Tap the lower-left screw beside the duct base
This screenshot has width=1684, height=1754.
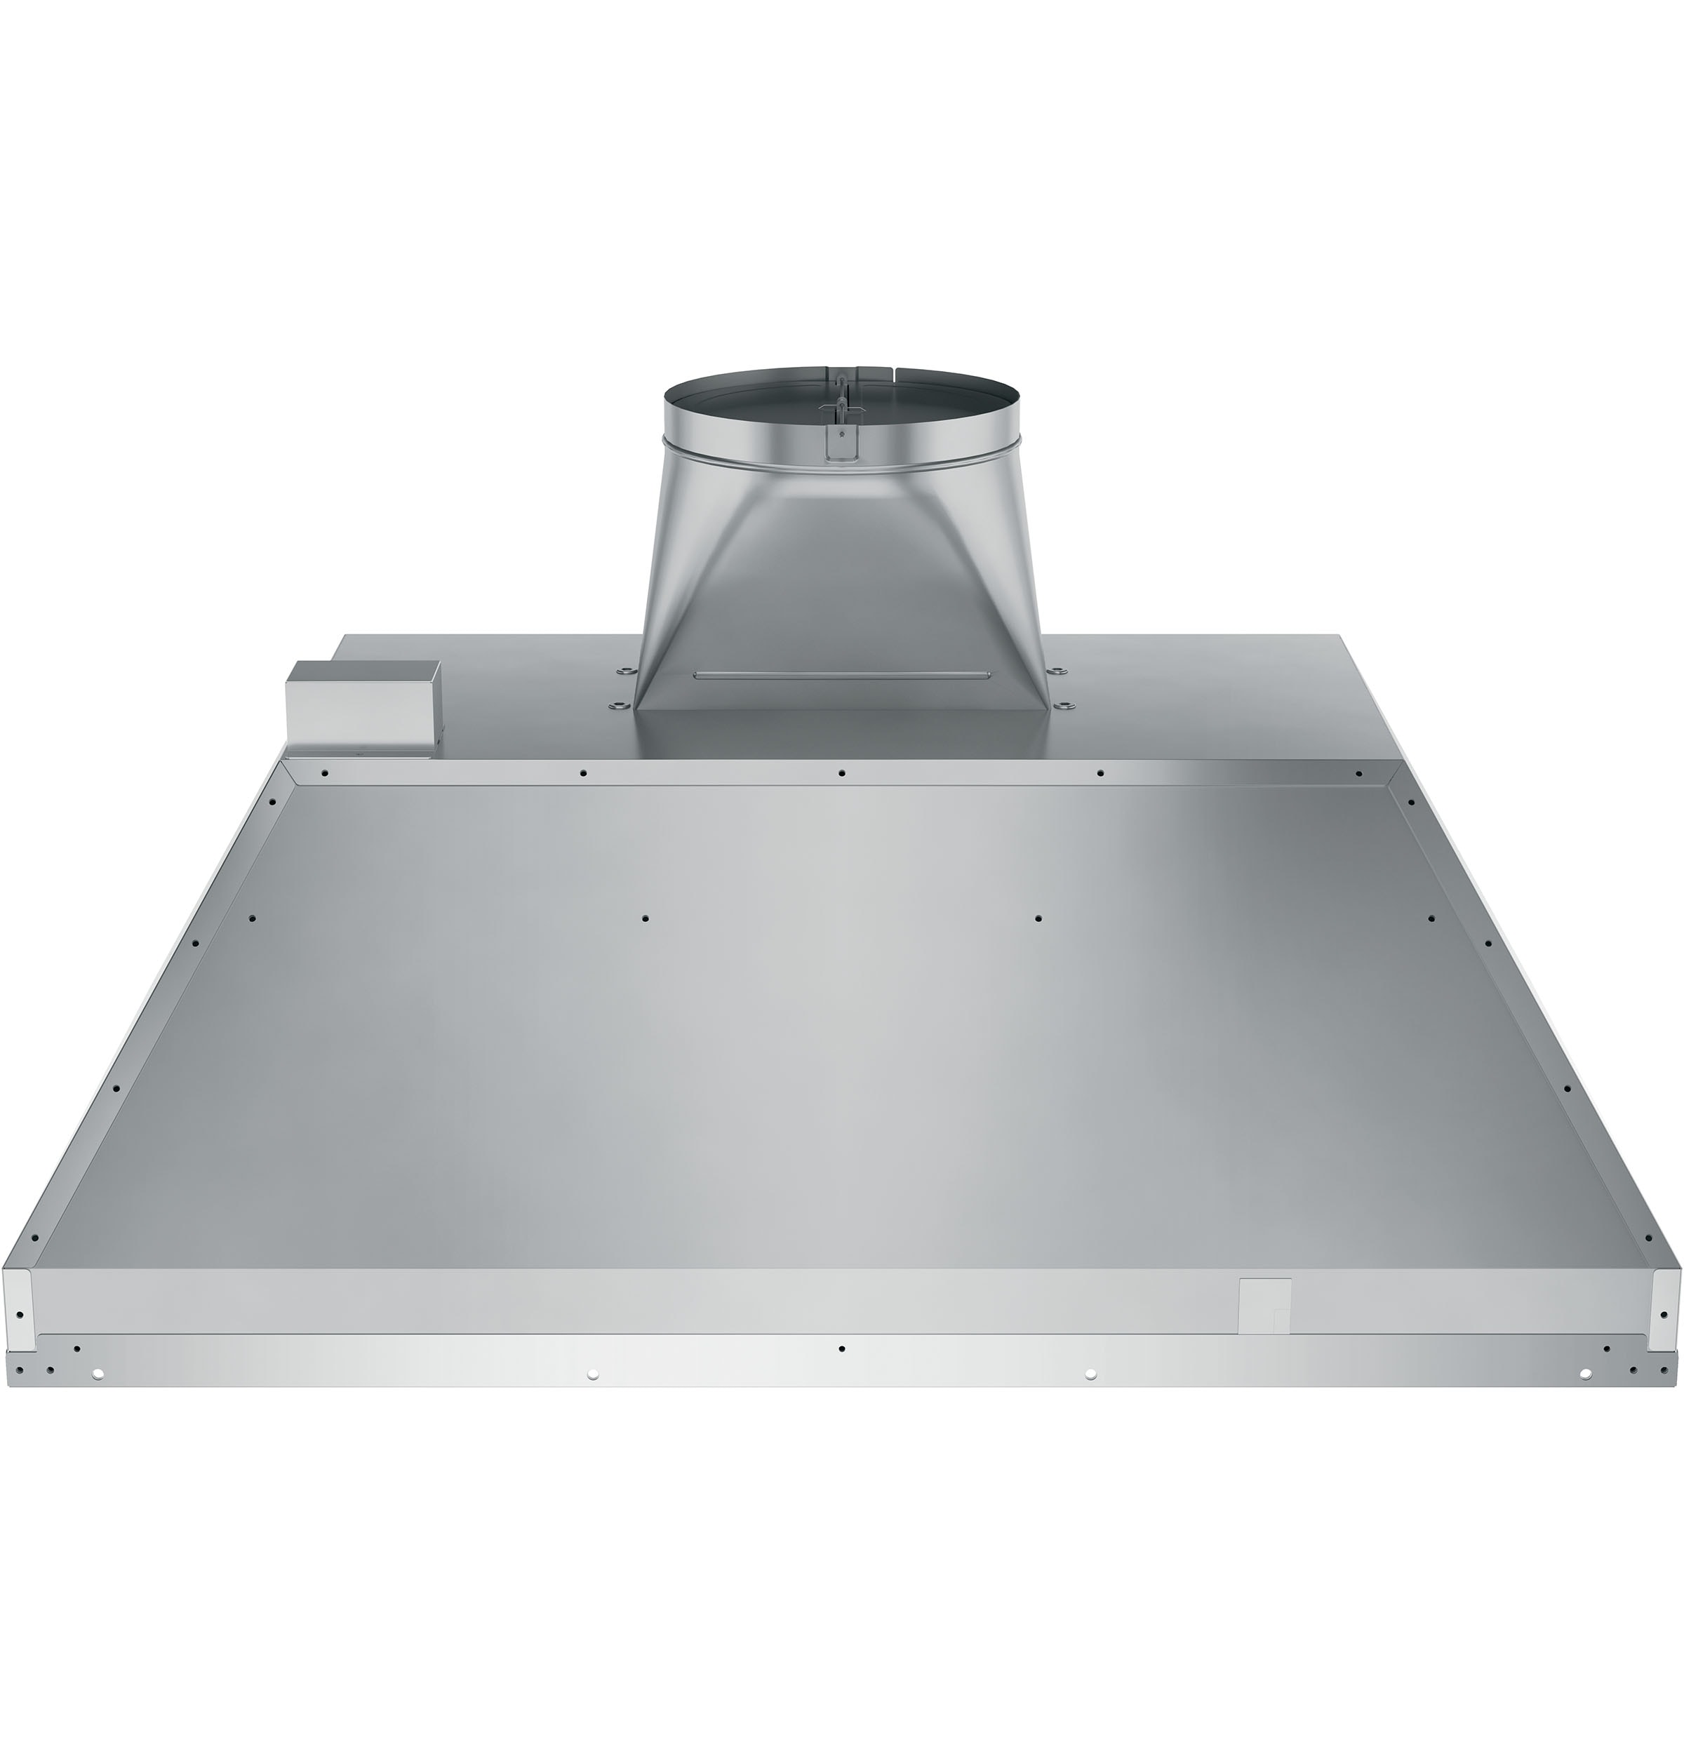[615, 708]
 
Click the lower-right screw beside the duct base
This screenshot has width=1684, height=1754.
[1066, 708]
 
